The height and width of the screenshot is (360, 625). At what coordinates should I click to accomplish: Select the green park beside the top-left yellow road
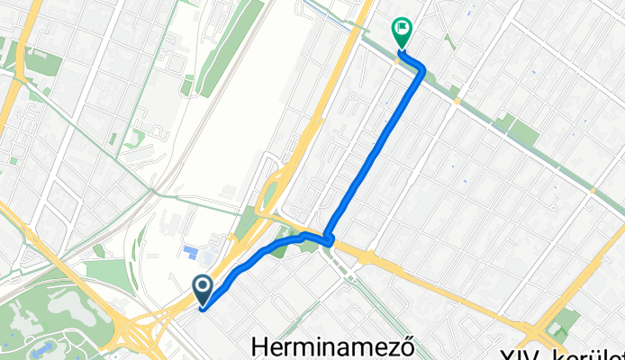[41, 63]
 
